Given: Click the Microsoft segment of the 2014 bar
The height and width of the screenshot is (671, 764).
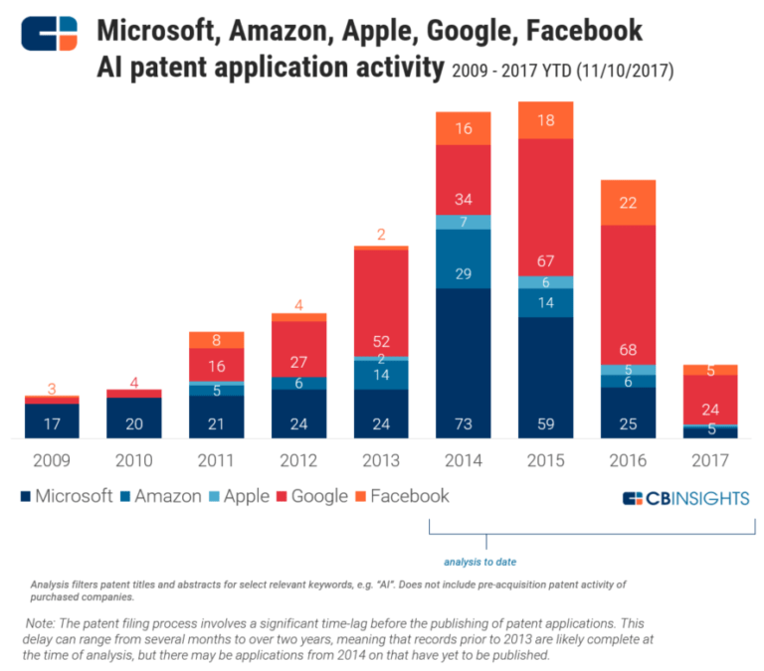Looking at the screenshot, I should pyautogui.click(x=463, y=363).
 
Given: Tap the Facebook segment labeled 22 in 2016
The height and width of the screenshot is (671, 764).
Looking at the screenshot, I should pyautogui.click(x=628, y=203).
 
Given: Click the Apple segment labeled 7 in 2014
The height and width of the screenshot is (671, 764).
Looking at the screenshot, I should pyautogui.click(x=463, y=222).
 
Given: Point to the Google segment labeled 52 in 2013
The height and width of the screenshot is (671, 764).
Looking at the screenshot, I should pyautogui.click(x=381, y=302).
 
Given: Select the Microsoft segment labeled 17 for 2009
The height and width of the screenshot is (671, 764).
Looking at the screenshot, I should pyautogui.click(x=52, y=420).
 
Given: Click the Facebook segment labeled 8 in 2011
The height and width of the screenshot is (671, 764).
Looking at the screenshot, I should pyautogui.click(x=217, y=340).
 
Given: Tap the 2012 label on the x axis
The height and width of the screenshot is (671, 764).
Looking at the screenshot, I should pyautogui.click(x=298, y=460).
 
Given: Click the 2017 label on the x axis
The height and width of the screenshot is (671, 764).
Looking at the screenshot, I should pyautogui.click(x=710, y=460).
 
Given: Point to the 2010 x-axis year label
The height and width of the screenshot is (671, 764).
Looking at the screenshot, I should pyautogui.click(x=134, y=460).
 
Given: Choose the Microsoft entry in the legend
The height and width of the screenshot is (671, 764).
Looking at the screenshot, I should pyautogui.click(x=66, y=496).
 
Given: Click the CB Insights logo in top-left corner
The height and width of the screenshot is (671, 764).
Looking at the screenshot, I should pyautogui.click(x=49, y=33).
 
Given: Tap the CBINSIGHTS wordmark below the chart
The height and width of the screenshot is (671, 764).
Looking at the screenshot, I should pyautogui.click(x=685, y=498).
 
